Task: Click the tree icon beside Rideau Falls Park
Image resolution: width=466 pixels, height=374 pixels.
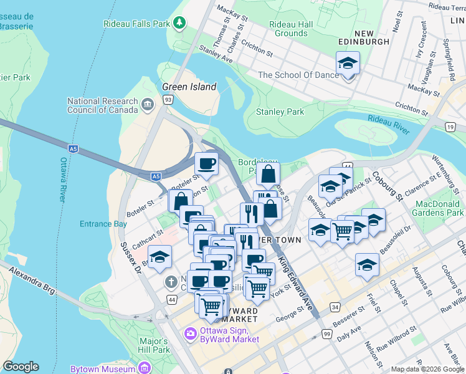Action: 179,24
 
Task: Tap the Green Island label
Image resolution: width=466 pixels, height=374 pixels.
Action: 189,87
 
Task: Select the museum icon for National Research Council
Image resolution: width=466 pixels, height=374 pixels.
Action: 148,103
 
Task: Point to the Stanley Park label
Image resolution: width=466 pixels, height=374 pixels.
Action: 280,112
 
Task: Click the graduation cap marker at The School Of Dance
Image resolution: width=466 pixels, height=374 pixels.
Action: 348,64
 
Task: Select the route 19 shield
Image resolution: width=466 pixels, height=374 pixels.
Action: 450,127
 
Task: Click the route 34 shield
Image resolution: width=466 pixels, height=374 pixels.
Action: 335,307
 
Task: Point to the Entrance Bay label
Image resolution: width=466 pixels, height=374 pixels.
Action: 103,224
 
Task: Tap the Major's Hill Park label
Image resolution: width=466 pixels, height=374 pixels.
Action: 154,345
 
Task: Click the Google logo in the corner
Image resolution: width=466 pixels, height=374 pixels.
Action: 21,367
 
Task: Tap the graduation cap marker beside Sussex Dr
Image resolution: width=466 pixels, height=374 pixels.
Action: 159,257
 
